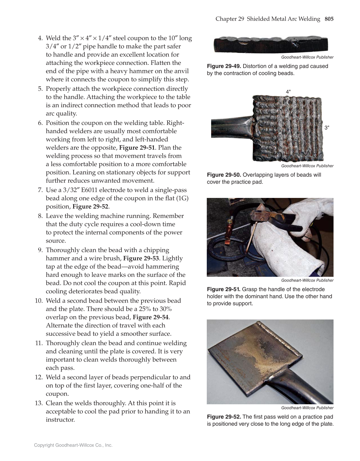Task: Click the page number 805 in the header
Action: [329, 19]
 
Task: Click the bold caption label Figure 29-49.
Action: [224, 66]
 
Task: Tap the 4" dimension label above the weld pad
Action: [288, 92]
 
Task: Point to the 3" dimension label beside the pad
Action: [327, 127]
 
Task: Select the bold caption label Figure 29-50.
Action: [224, 175]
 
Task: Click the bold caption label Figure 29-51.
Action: [224, 290]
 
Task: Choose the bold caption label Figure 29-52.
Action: [224, 417]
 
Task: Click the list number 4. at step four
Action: [40, 38]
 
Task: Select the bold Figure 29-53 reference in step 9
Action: [141, 258]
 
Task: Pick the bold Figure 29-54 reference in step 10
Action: [151, 317]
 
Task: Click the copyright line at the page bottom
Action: [73, 445]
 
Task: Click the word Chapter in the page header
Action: [226, 19]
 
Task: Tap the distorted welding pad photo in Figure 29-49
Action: [270, 45]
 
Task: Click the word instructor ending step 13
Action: [60, 420]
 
